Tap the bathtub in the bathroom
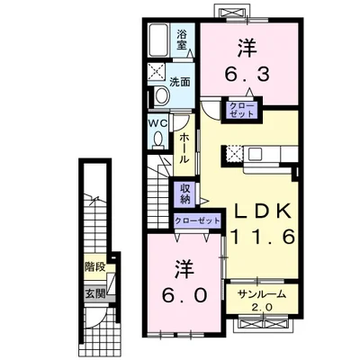[x=158, y=40]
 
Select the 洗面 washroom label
[x=180, y=82]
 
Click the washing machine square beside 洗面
[x=157, y=72]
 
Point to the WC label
[x=159, y=123]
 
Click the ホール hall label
[x=184, y=148]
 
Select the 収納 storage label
[x=185, y=194]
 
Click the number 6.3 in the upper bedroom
[x=247, y=75]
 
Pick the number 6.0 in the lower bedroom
[x=184, y=295]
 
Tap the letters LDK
[x=262, y=211]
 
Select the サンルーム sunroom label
[x=262, y=294]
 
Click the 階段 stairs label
[x=95, y=266]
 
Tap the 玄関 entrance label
[x=95, y=293]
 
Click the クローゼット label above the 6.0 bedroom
[x=197, y=221]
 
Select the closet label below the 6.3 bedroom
[x=241, y=110]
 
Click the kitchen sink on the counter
[x=256, y=154]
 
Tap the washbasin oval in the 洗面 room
[x=162, y=95]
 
